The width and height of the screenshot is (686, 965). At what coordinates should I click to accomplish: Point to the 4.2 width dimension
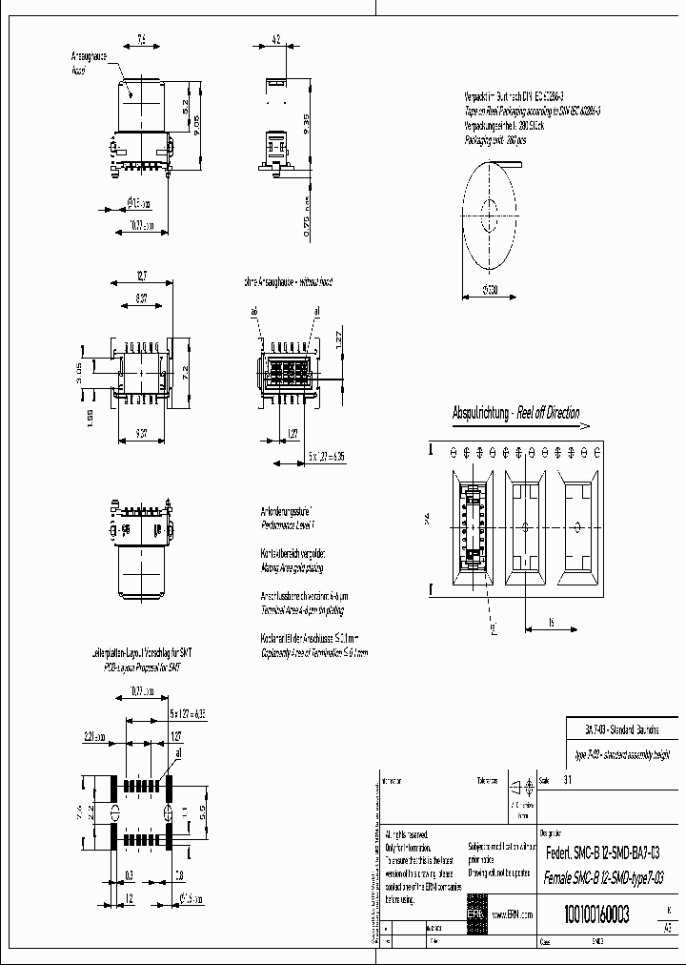coord(274,40)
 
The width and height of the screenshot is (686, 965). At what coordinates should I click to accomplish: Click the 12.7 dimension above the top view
coord(141,277)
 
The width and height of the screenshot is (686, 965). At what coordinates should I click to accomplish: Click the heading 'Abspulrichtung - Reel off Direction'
coord(514,414)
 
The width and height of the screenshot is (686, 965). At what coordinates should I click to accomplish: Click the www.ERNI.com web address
coord(513,914)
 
